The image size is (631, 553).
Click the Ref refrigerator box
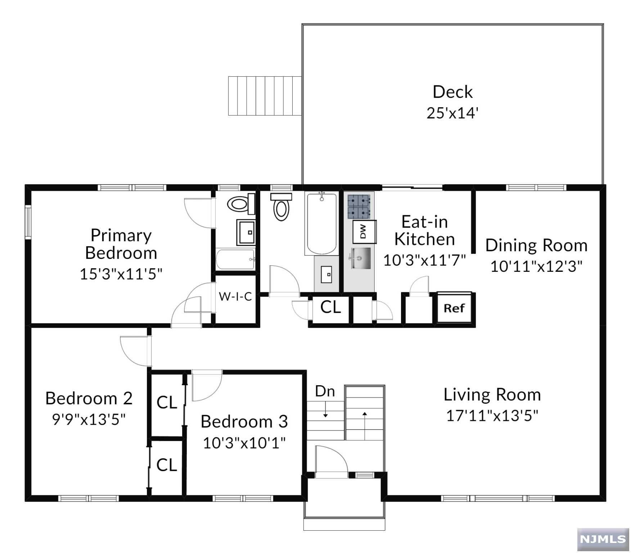tap(454, 308)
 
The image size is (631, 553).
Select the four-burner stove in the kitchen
tap(359, 206)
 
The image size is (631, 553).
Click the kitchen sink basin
tap(361, 258)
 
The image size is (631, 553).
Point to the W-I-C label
tap(235, 296)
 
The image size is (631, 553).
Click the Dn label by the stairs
tap(325, 391)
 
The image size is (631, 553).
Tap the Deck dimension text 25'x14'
tap(452, 113)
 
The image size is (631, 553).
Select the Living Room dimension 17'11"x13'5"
tap(492, 415)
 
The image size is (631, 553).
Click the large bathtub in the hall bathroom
tap(321, 223)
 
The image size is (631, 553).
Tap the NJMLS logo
tap(603, 539)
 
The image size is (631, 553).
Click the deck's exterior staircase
tap(265, 96)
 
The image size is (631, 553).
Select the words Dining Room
tap(536, 246)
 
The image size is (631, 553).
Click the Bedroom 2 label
tap(89, 398)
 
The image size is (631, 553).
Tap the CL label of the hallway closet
tap(330, 307)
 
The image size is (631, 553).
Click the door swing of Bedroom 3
tap(207, 385)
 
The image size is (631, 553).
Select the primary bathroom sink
tap(246, 232)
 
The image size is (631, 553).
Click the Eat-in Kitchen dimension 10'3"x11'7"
tap(424, 260)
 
